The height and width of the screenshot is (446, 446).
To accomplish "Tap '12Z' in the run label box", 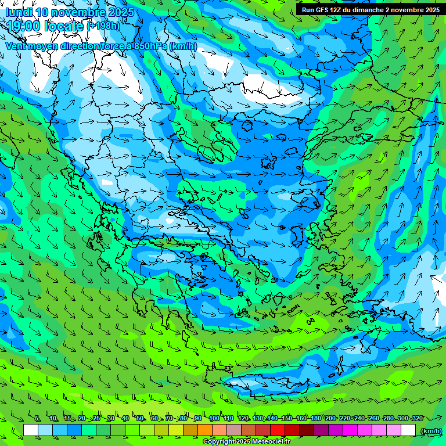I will [336, 10].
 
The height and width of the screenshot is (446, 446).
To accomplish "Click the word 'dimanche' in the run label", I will [369, 10].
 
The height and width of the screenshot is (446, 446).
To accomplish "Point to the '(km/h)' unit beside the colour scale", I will [430, 431].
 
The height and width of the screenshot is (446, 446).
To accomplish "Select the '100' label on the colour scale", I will [214, 418].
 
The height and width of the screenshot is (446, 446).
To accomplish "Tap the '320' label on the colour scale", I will [417, 418].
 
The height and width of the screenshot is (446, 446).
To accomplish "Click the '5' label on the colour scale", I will [37, 418].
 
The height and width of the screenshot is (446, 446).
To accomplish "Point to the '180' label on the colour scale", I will [315, 418].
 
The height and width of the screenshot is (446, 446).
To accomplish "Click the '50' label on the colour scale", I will [141, 418].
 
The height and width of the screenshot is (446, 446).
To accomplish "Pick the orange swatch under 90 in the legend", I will [205, 430].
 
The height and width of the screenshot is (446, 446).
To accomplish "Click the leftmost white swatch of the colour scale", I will [31, 430].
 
